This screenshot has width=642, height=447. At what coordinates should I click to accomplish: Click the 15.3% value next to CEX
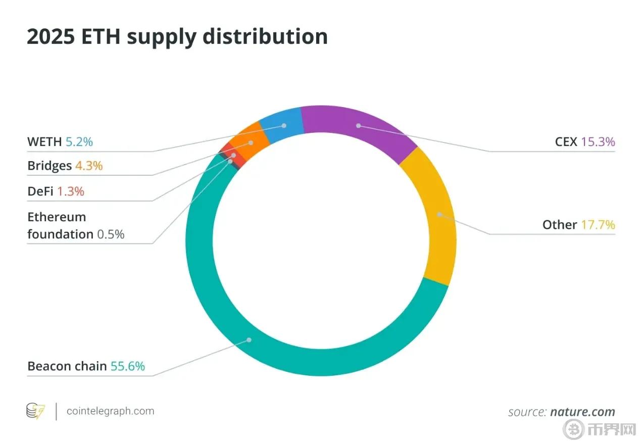pyautogui.click(x=598, y=142)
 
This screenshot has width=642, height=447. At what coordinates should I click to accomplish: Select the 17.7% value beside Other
pyautogui.click(x=598, y=225)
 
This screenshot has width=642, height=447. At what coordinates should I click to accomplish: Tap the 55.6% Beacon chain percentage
pyautogui.click(x=128, y=366)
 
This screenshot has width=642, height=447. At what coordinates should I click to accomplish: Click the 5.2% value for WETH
pyautogui.click(x=79, y=142)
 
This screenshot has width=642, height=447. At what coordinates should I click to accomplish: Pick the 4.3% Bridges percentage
pyautogui.click(x=89, y=166)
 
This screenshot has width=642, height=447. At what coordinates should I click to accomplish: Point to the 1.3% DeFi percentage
pyautogui.click(x=71, y=191)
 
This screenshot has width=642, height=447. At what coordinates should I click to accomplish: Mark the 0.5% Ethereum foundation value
pyautogui.click(x=111, y=234)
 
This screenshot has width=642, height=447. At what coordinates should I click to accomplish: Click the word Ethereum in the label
pyautogui.click(x=57, y=217)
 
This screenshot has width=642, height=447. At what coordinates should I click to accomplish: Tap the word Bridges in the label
pyautogui.click(x=50, y=166)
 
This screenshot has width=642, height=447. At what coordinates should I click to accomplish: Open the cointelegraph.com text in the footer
pyautogui.click(x=110, y=411)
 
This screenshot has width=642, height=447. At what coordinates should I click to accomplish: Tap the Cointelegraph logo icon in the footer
pyautogui.click(x=35, y=411)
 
